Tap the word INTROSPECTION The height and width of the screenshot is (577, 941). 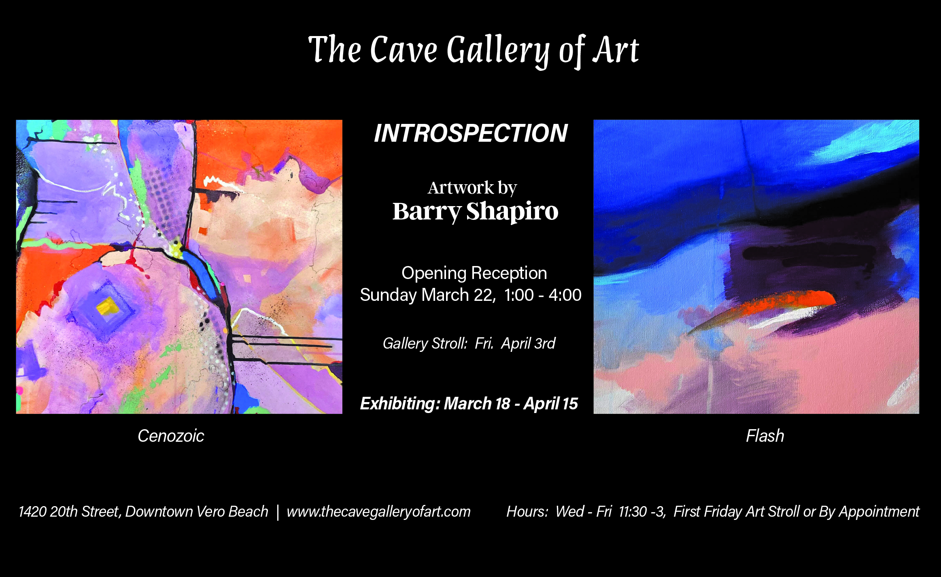click(x=471, y=133)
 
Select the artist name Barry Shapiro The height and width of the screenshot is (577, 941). click(x=475, y=212)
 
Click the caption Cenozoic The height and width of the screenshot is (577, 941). click(x=171, y=436)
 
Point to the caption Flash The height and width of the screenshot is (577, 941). click(x=765, y=436)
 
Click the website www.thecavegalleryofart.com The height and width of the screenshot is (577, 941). click(x=378, y=512)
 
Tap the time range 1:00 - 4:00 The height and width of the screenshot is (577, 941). click(x=543, y=295)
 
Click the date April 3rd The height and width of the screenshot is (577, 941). click(x=528, y=344)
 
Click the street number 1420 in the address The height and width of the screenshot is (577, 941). click(x=32, y=512)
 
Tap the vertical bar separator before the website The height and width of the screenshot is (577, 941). click(x=278, y=512)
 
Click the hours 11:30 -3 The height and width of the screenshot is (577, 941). click(x=642, y=512)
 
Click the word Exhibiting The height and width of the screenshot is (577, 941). click(x=400, y=404)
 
